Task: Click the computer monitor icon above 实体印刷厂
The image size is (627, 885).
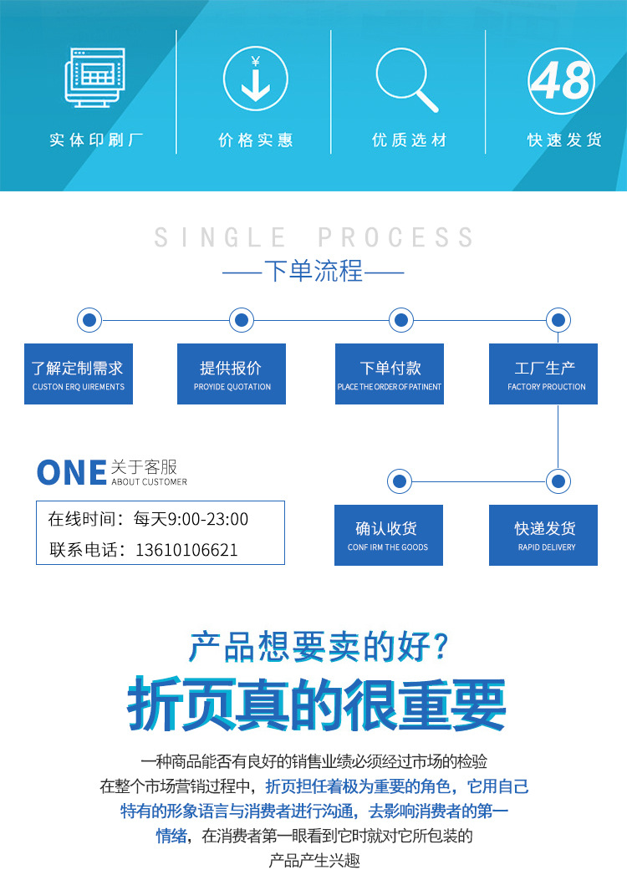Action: (94, 79)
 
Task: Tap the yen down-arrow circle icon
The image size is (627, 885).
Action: (255, 80)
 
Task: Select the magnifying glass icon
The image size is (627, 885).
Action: (406, 80)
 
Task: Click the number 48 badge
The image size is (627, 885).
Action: (562, 81)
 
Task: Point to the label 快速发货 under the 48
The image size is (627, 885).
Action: (564, 140)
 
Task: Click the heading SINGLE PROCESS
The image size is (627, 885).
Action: (313, 237)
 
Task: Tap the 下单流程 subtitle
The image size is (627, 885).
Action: (313, 272)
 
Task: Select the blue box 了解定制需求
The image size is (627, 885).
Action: (79, 374)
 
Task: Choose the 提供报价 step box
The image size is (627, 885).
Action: (232, 374)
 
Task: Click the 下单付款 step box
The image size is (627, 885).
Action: (390, 374)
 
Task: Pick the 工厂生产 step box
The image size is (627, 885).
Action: (543, 374)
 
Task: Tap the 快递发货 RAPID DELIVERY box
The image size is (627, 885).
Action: (543, 535)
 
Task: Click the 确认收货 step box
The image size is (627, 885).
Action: (389, 535)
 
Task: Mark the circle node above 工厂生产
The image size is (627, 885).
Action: (558, 319)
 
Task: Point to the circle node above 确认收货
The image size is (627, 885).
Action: (400, 481)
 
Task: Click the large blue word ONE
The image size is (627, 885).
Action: (71, 473)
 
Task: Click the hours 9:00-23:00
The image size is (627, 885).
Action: (208, 519)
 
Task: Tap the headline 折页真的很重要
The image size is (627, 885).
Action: (317, 705)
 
